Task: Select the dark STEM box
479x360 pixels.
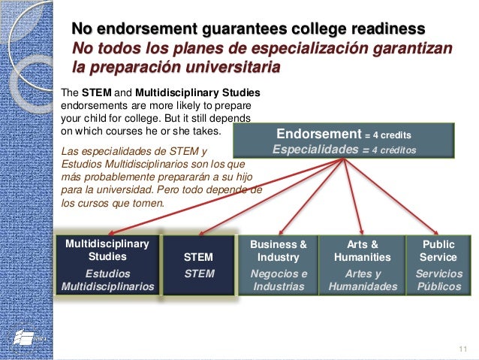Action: [x=199, y=265]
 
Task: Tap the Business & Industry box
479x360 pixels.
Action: [x=279, y=265]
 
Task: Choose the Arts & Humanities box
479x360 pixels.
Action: [x=363, y=265]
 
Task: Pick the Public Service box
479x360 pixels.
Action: [x=438, y=265]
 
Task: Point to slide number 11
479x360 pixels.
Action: [x=462, y=346]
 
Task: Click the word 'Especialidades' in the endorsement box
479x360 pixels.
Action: [x=315, y=149]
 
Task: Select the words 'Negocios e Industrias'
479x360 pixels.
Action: [x=279, y=280]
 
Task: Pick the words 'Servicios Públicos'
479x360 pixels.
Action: [x=438, y=280]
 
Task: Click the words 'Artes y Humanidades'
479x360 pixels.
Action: [x=363, y=280]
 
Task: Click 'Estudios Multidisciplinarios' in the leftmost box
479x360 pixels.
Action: [x=107, y=280]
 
